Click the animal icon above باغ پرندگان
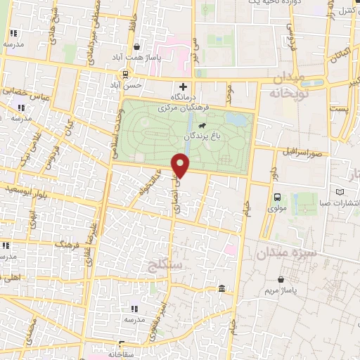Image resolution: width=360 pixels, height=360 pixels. click(202, 125)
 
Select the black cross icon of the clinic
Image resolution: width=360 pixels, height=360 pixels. click(184, 86)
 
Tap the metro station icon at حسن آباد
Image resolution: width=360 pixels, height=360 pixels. click(126, 74)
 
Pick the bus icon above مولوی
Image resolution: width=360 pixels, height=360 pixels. click(278, 198)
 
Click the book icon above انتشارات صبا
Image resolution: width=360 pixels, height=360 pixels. click(341, 192)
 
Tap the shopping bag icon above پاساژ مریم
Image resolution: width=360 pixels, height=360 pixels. click(281, 278)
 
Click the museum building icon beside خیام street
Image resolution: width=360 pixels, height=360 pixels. click(222, 289)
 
